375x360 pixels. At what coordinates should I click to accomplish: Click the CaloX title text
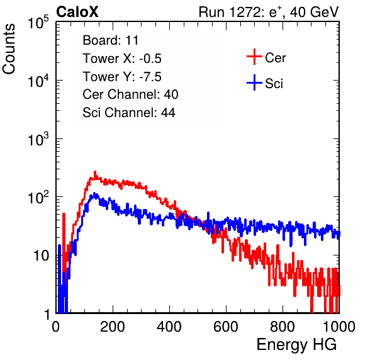tap(77, 12)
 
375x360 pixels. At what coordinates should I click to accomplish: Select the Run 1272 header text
tap(269, 12)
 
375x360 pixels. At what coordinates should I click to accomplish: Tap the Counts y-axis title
tap(9, 49)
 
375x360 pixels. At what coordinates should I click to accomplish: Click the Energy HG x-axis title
tap(296, 344)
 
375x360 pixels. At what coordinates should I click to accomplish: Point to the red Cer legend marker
tap(254, 57)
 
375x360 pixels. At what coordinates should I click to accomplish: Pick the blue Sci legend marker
tap(254, 82)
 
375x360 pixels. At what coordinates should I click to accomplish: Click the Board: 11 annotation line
tap(111, 40)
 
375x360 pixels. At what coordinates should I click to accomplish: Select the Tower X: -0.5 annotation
tap(122, 59)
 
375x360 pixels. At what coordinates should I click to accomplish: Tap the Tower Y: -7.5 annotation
tap(122, 77)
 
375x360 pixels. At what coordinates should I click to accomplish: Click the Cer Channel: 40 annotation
tap(130, 94)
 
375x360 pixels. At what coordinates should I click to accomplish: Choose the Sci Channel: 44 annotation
tap(129, 113)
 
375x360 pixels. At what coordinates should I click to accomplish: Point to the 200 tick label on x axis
tap(113, 327)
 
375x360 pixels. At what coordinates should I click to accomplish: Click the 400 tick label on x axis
tap(169, 327)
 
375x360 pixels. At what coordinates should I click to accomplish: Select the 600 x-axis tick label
tap(226, 327)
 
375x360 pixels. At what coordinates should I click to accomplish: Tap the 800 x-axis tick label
tap(283, 327)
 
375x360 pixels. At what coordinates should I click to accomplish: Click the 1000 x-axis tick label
tap(339, 327)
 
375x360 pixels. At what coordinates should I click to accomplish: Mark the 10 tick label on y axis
tap(42, 256)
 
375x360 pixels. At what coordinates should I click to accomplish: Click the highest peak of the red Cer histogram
tap(95, 172)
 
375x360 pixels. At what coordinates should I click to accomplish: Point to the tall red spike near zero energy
tap(64, 214)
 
